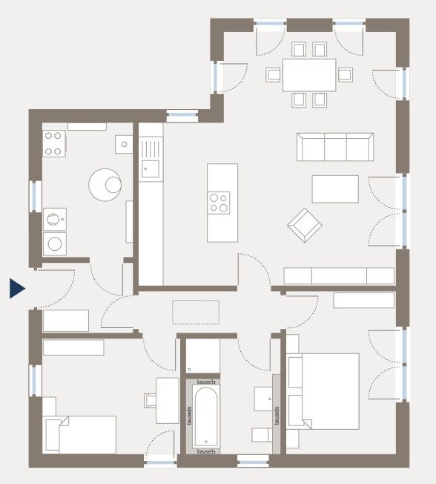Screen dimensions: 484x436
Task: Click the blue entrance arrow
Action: click(x=17, y=288)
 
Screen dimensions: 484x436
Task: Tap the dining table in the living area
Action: click(x=309, y=74)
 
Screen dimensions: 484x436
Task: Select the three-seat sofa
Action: click(x=334, y=147)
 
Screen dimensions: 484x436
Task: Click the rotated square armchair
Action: click(x=305, y=225)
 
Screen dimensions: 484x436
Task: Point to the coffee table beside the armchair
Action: click(x=335, y=189)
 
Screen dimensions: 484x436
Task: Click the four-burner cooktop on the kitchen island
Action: click(x=219, y=203)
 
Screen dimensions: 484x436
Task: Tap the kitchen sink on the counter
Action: click(x=151, y=169)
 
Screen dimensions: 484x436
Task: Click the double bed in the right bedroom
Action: click(x=323, y=390)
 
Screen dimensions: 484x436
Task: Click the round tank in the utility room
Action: click(x=105, y=184)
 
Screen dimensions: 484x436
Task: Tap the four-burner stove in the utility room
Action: click(x=53, y=143)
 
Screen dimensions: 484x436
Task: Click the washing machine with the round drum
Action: click(x=54, y=219)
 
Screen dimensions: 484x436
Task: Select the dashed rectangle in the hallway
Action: click(x=196, y=312)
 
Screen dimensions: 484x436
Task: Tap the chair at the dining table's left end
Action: click(x=274, y=74)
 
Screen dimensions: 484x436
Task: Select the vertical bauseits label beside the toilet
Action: click(x=277, y=415)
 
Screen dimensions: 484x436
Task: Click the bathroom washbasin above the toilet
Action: click(x=264, y=399)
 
